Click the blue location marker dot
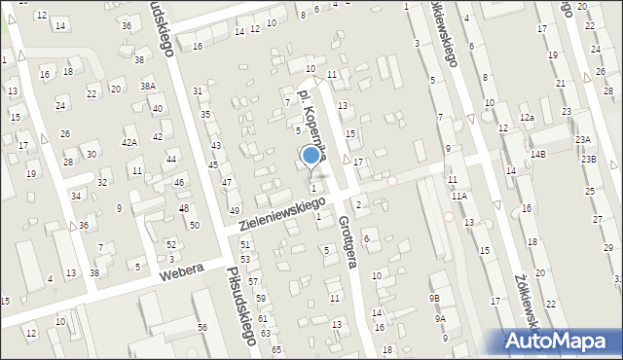pos(311,154)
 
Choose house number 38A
pos(148,86)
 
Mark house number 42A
pos(129,142)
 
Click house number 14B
pos(538,154)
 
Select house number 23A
pos(582,139)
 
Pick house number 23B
pos(589,158)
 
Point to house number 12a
pos(527,117)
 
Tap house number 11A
pos(458,196)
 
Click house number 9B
pos(434,298)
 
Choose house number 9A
pos(440,318)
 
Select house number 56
pos(202,327)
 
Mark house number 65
pos(276,348)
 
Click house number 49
pos(234,211)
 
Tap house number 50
pos(195,225)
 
